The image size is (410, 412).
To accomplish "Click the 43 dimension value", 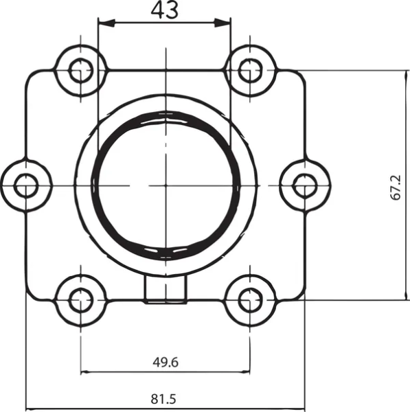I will [165, 10].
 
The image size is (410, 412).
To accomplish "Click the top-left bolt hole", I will [82, 69].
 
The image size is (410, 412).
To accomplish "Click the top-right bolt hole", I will [248, 69].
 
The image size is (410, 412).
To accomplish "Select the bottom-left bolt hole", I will [82, 299].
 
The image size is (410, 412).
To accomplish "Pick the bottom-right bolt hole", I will [248, 299].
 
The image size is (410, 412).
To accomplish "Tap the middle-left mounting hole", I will [27, 185].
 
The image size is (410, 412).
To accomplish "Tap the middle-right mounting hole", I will [304, 185].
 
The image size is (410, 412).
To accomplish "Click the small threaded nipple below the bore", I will [166, 290].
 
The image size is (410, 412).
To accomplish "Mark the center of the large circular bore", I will [166, 185].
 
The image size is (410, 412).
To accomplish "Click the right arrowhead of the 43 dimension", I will [226, 23].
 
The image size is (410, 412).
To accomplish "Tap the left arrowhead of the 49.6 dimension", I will [86, 373].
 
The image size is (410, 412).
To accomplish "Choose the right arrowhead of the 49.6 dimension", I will [244, 373].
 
